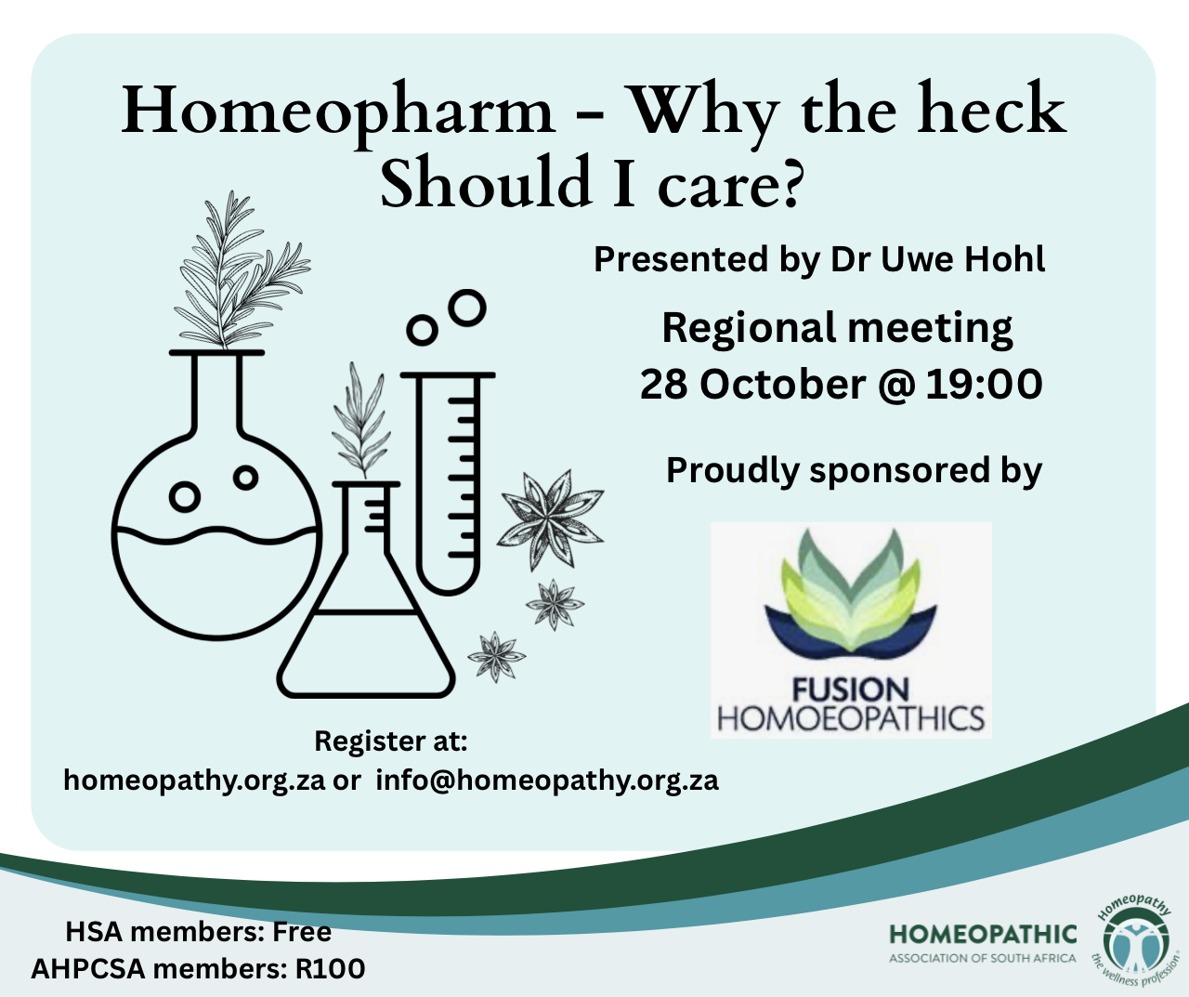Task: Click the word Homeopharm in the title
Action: tap(338, 112)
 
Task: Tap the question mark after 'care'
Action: tap(792, 183)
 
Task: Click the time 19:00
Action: tap(984, 385)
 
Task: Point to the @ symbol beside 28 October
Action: tap(896, 386)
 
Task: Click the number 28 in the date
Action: tap(663, 385)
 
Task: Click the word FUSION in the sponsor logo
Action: tap(850, 690)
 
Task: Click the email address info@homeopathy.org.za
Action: tap(547, 780)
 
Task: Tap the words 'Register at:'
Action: tap(391, 741)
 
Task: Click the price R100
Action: tap(330, 968)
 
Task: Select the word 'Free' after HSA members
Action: tap(302, 932)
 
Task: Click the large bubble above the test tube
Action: tap(467, 308)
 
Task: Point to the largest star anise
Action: tap(550, 519)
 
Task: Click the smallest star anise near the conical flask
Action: tap(496, 657)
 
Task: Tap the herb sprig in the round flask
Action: tap(239, 270)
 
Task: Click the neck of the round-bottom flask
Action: tap(217, 393)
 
